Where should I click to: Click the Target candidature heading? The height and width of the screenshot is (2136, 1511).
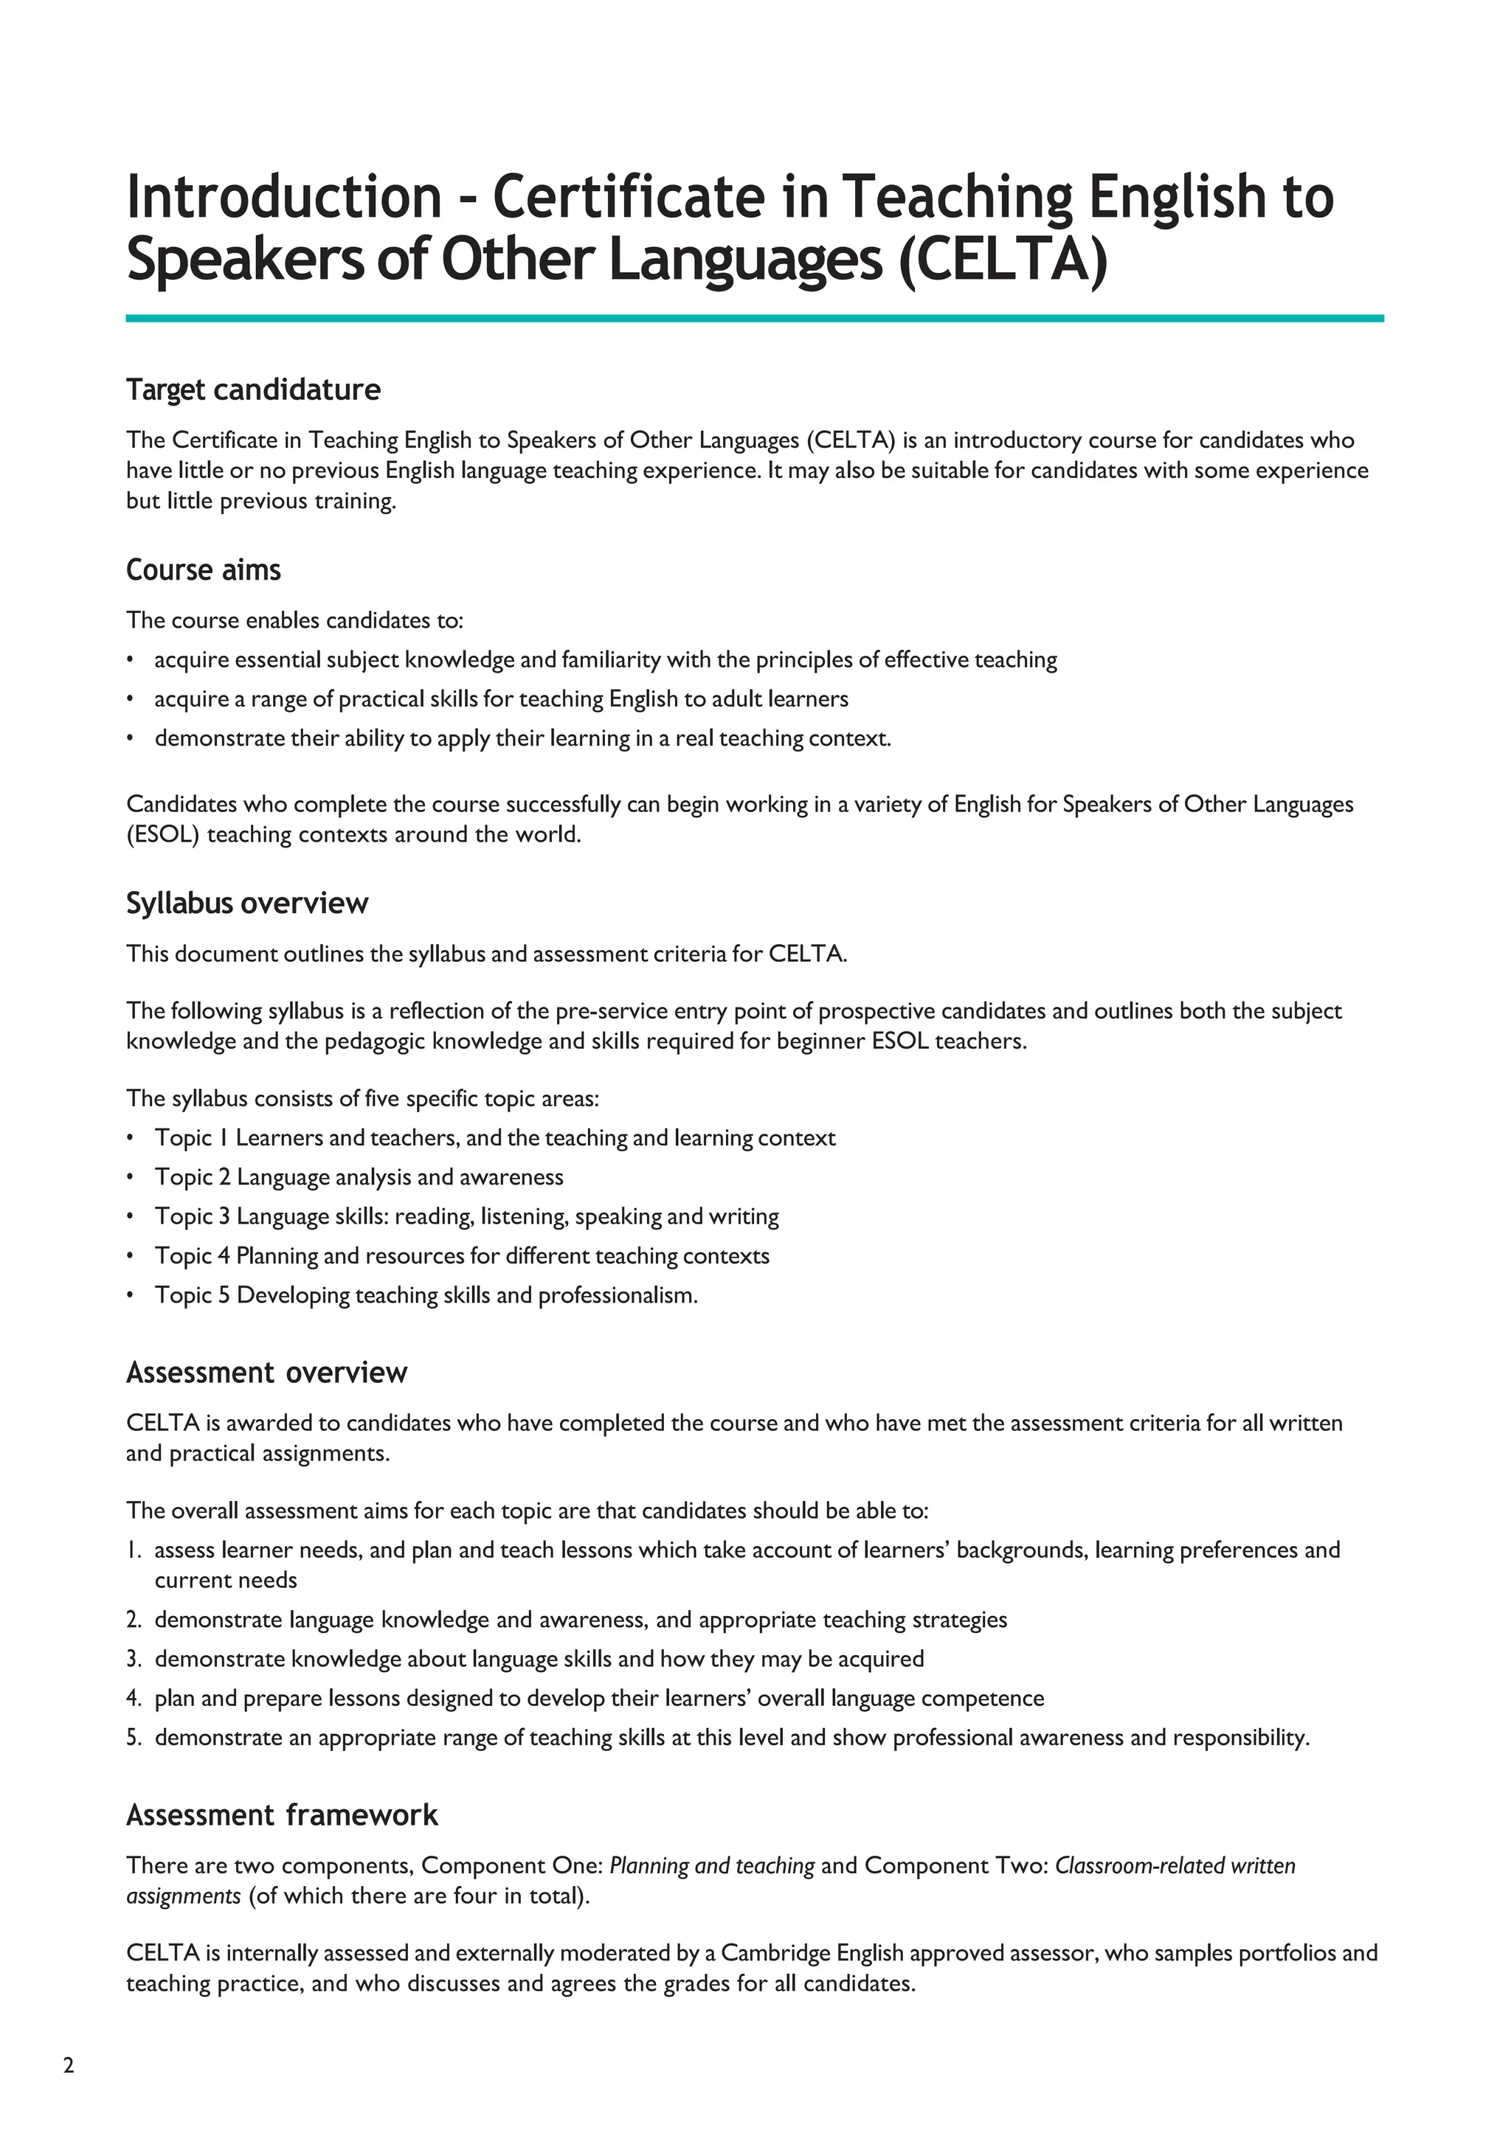[253, 389]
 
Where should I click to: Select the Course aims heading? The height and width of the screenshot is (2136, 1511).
[203, 569]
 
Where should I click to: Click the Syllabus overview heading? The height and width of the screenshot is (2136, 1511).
[246, 904]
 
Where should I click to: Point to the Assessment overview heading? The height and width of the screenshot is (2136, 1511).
[266, 1373]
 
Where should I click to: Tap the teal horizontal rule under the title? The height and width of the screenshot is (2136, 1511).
[753, 318]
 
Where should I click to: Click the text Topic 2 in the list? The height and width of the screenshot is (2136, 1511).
[192, 1178]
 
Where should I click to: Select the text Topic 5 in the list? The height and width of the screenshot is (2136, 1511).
[192, 1296]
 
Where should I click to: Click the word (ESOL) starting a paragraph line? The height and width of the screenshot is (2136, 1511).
[163, 834]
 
